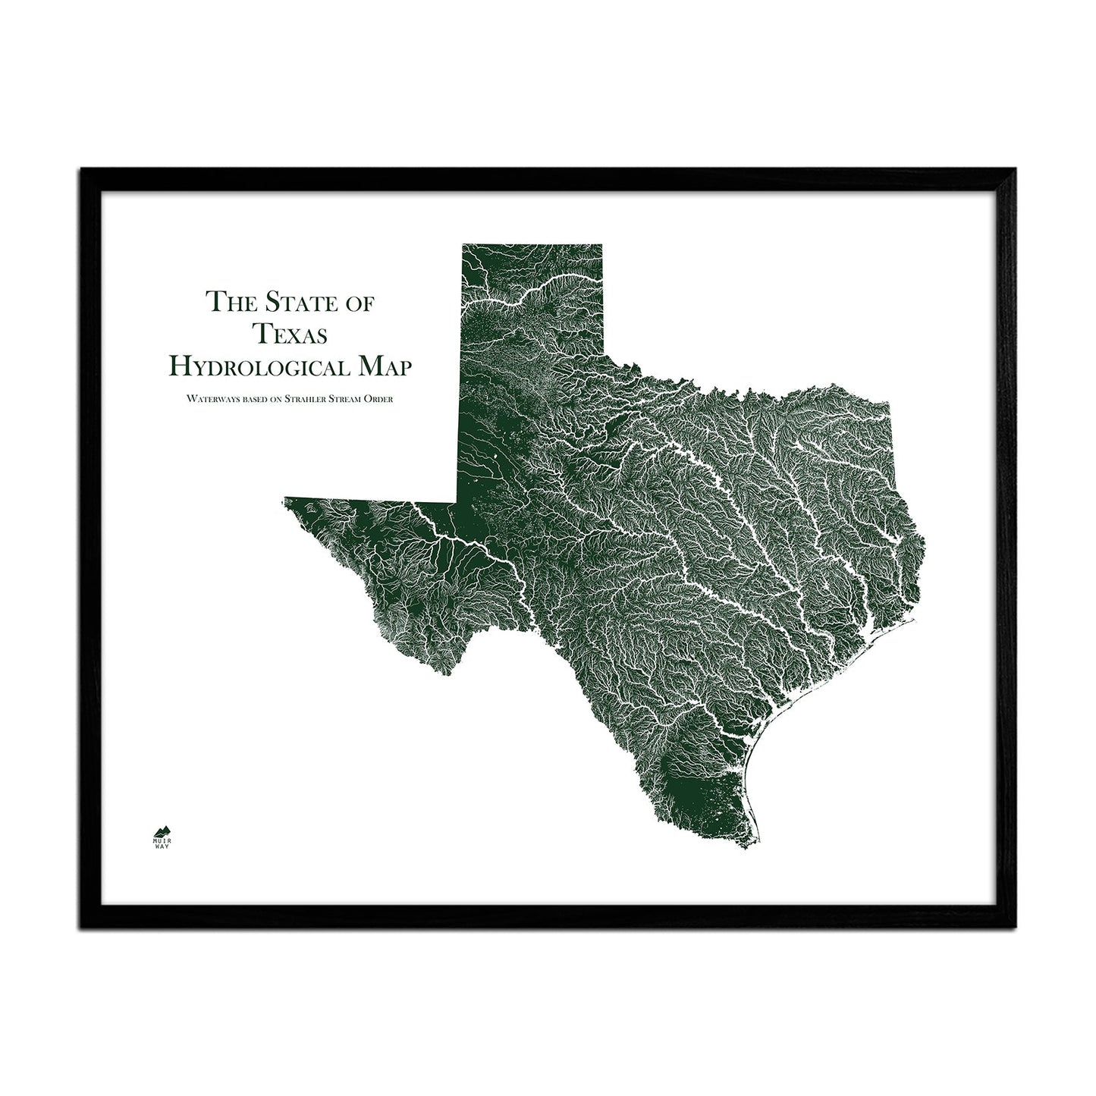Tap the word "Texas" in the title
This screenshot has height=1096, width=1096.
point(291,334)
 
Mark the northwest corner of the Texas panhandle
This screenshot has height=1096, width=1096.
point(463,245)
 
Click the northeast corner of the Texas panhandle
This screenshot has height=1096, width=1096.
point(601,245)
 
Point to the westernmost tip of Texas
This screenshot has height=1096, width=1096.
point(285,499)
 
